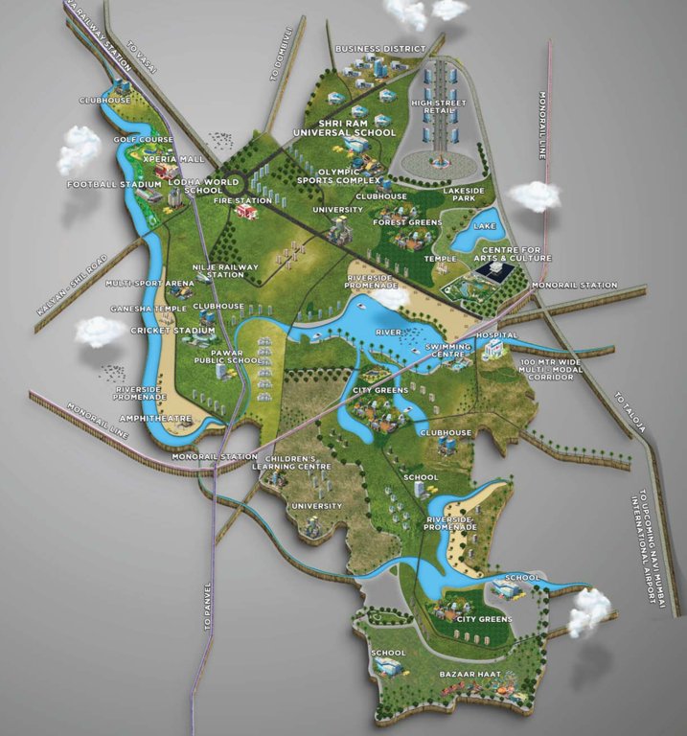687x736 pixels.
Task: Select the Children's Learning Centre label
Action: (x=298, y=463)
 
